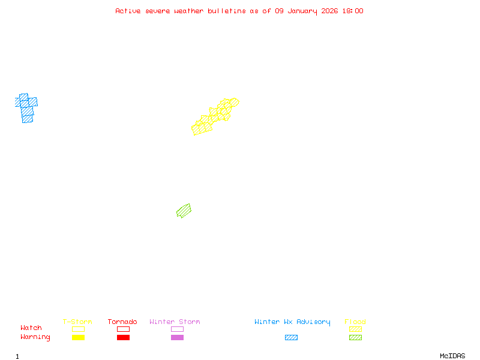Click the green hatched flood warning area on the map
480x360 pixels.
pyautogui.click(x=184, y=211)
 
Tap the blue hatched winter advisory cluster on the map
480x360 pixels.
pyautogui.click(x=26, y=108)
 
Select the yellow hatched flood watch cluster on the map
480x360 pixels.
pyautogui.click(x=215, y=116)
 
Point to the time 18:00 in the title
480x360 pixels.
pyautogui.click(x=353, y=11)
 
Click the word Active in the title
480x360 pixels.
pyautogui.click(x=128, y=11)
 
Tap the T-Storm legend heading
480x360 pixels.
pyautogui.click(x=77, y=322)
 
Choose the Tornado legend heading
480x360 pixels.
pyautogui.click(x=122, y=322)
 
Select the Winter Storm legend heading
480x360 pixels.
pyautogui.click(x=175, y=322)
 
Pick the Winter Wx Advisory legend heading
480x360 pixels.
pyautogui.click(x=292, y=322)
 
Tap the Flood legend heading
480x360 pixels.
pyautogui.click(x=355, y=322)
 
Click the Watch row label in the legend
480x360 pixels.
pyautogui.click(x=31, y=328)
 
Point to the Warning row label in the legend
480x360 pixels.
pyautogui.click(x=35, y=337)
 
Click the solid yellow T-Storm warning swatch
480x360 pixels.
pyautogui.click(x=78, y=338)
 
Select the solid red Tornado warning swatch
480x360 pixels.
pyautogui.click(x=123, y=338)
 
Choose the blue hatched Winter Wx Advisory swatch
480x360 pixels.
pyautogui.click(x=291, y=338)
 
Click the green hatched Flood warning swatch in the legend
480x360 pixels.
pyautogui.click(x=355, y=338)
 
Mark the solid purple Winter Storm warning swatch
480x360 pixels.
pyautogui.click(x=177, y=338)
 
